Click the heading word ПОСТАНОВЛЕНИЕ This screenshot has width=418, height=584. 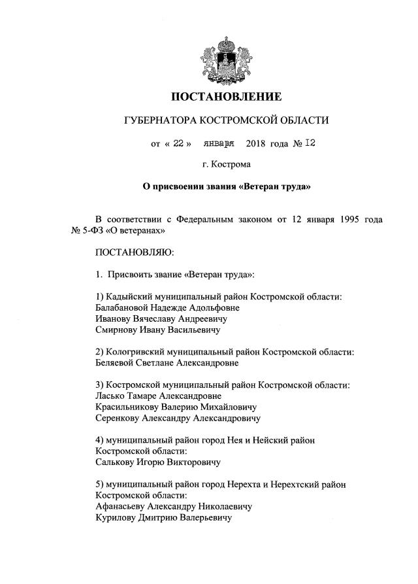(226, 97)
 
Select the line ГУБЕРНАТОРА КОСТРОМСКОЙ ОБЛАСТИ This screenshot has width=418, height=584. (226, 120)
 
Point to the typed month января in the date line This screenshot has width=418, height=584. (219, 143)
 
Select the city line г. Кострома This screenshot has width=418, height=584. (226, 165)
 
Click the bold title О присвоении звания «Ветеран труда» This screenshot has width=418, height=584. (226, 187)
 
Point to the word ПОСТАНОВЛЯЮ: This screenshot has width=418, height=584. (134, 252)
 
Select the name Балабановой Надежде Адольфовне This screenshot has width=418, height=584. (167, 307)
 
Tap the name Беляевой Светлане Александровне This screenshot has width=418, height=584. (167, 362)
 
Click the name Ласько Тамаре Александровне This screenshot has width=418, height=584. (158, 396)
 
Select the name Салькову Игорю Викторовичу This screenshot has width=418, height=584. (157, 462)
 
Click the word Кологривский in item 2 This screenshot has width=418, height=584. (138, 352)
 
